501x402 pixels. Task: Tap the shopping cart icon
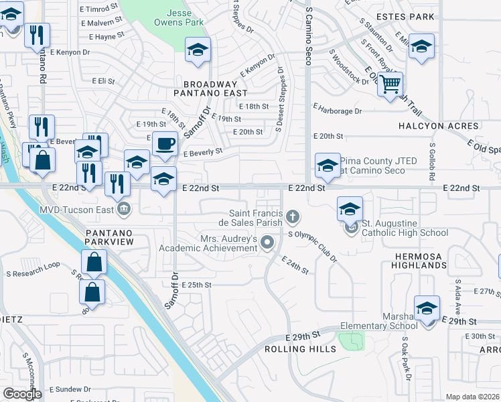click(x=389, y=84)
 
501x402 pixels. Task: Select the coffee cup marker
click(x=165, y=143)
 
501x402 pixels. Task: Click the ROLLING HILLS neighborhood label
click(x=300, y=350)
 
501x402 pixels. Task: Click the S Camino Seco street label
click(x=309, y=37)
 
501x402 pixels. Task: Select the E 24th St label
click(x=295, y=265)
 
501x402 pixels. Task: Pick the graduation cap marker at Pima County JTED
click(x=327, y=164)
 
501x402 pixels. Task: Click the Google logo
click(x=22, y=394)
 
